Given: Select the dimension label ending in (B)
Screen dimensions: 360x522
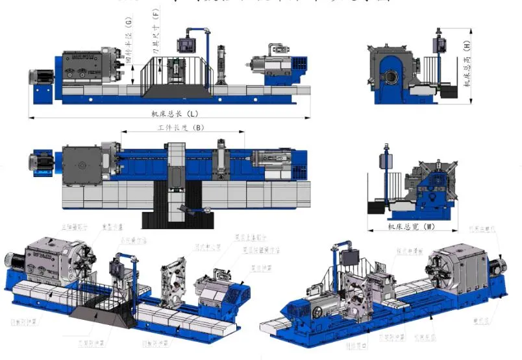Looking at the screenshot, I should click(181, 128).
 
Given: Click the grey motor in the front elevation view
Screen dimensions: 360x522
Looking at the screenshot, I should click(40, 77).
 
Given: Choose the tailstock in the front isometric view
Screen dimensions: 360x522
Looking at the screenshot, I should click(217, 288).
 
